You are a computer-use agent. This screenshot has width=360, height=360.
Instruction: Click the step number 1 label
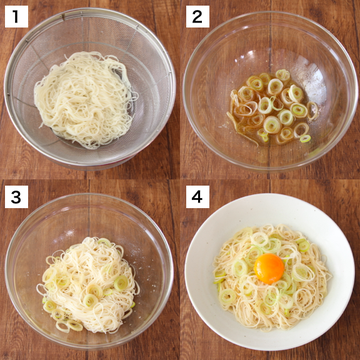(16, 16)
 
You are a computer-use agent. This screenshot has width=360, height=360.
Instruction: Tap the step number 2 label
(197, 16)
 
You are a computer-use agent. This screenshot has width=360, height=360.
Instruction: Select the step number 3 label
(16, 197)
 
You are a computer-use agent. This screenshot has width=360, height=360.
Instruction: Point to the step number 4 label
(197, 197)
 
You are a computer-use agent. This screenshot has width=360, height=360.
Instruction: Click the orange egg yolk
(269, 268)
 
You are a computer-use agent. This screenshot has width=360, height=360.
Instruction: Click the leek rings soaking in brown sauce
(273, 108)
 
